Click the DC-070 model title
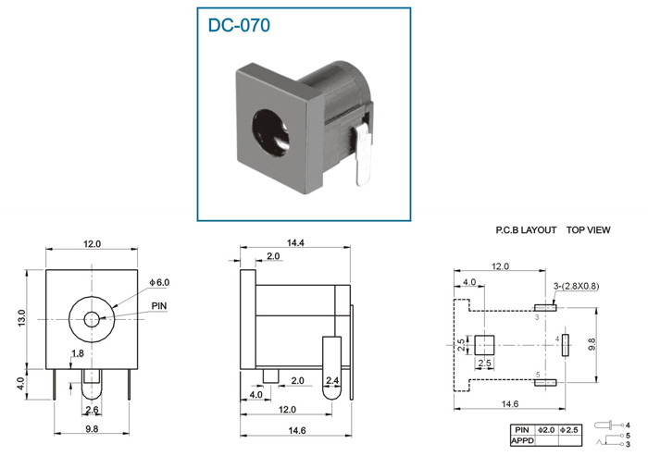pos(239,25)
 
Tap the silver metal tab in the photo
pos(362,154)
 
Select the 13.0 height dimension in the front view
pos(21,318)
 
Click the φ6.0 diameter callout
pos(159,282)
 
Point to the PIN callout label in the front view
pos(159,306)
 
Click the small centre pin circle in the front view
pos(92,319)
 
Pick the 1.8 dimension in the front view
pos(77,353)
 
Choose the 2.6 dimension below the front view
pos(92,410)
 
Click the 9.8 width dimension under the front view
pos(92,429)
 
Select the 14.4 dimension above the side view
pos(295,243)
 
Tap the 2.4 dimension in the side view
pos(332,380)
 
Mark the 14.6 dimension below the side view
pos(297,431)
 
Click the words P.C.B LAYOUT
pos(526,230)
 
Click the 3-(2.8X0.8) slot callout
pos(576,286)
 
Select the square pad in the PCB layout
pos(484,345)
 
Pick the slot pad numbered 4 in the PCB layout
pos(566,345)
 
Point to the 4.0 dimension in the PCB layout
pos(469,282)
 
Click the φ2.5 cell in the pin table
pos(569,430)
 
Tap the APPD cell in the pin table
pos(522,440)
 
